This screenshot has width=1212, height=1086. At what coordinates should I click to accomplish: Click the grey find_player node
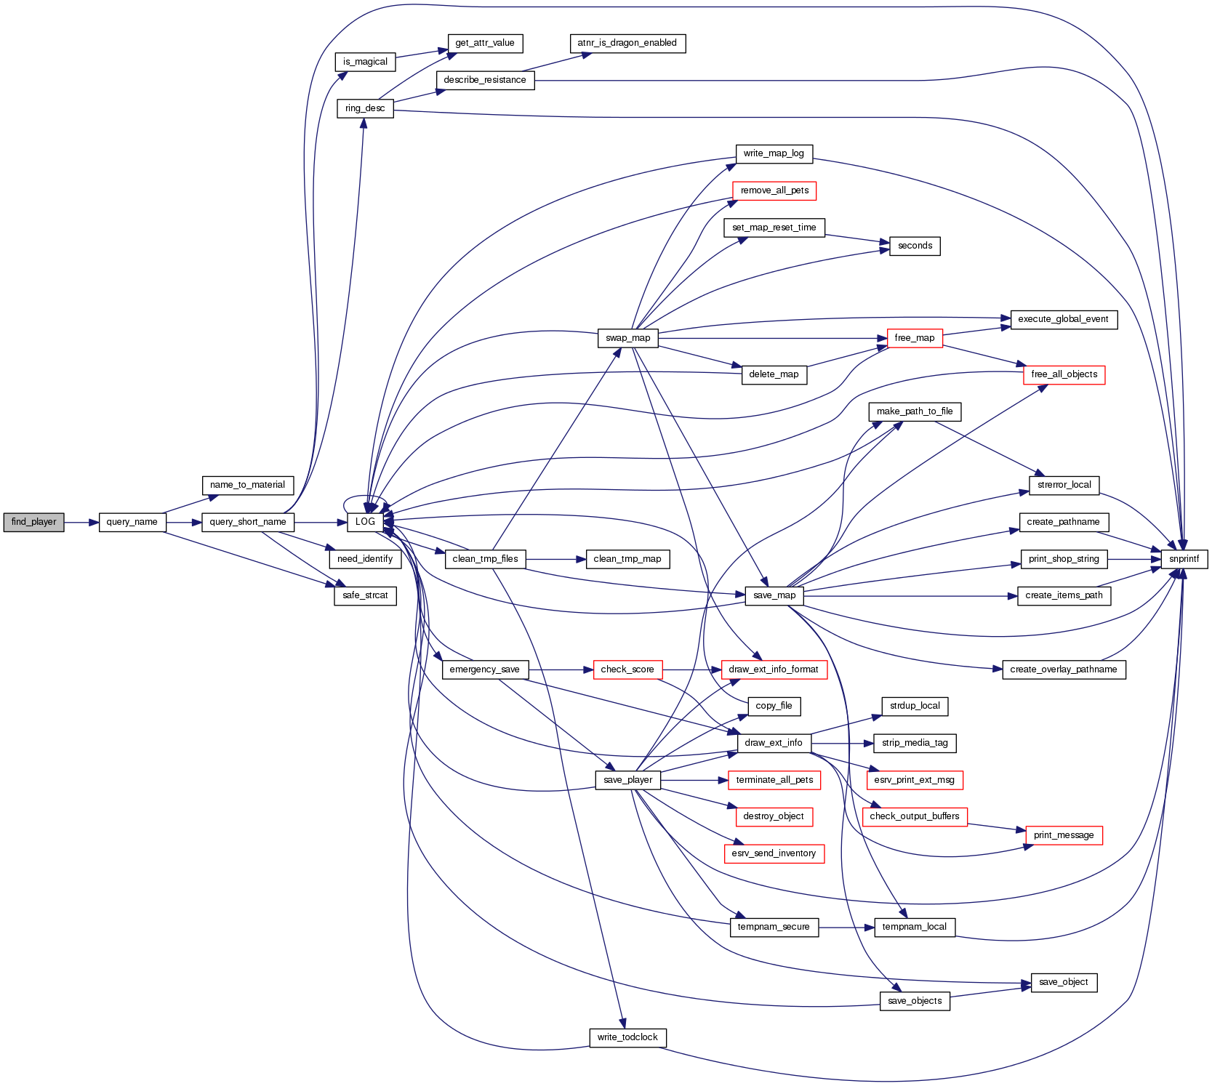point(33,522)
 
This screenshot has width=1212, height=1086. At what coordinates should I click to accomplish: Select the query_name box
point(132,522)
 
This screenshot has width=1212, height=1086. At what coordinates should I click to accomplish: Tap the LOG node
point(365,522)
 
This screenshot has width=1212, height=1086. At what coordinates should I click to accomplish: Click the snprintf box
point(1184,559)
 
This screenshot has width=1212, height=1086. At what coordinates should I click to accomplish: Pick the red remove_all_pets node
point(774,190)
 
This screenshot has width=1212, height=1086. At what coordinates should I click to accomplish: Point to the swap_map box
point(627,338)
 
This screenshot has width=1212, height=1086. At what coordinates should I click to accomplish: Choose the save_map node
point(774,595)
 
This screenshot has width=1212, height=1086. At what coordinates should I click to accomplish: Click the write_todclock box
point(627,1037)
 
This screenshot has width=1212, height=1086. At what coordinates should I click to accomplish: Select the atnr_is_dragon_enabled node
point(627,43)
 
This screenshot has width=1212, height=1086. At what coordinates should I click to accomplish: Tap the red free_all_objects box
point(1064,374)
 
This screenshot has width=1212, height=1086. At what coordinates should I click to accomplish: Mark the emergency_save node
point(484,669)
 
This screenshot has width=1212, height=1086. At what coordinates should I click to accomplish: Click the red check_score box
point(627,669)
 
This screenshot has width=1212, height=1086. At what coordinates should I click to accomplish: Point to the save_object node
point(1063,982)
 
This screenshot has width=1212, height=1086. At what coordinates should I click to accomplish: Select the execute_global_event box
point(1063,319)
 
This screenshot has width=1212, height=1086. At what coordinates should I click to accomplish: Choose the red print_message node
point(1063,835)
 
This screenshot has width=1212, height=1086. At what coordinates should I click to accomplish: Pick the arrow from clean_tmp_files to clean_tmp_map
point(555,559)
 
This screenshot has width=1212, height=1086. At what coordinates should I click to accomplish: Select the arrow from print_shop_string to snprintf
point(1134,559)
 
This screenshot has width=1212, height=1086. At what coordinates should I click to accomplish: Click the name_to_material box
point(247,485)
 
